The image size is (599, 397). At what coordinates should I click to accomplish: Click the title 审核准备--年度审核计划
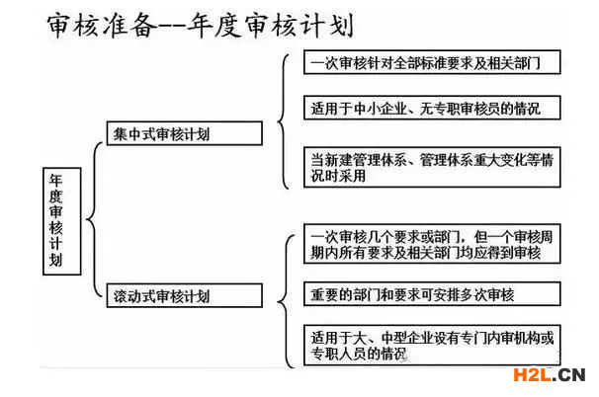click(x=201, y=26)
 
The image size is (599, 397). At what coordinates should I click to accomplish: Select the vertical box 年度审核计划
click(x=62, y=221)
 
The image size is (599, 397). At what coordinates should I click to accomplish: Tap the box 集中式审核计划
click(x=185, y=133)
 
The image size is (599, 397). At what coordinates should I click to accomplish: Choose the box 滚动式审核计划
click(x=185, y=295)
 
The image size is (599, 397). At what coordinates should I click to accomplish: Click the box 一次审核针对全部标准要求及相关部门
click(x=432, y=62)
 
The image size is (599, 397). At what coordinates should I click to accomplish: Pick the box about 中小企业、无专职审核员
click(x=432, y=108)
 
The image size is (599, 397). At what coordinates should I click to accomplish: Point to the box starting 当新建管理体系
click(x=432, y=167)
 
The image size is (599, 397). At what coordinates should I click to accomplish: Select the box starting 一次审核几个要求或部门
click(x=432, y=244)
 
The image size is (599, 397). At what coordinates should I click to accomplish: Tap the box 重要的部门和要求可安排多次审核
click(x=432, y=294)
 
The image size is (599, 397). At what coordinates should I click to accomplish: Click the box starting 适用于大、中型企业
click(x=432, y=346)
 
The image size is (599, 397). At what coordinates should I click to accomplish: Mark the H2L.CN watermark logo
click(x=550, y=375)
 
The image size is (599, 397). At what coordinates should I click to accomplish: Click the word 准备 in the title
click(x=129, y=26)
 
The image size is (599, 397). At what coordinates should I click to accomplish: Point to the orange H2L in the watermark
click(x=532, y=375)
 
